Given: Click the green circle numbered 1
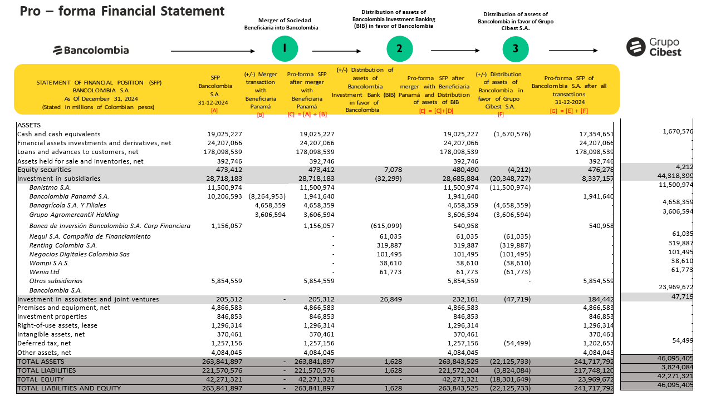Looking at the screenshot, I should pos(285,48).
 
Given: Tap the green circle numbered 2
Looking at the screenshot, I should pos(400,48).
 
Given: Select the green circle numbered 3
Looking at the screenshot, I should pos(516,48).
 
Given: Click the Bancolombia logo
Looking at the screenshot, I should pos(91,50).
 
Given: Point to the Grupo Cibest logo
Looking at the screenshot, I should pos(654,47).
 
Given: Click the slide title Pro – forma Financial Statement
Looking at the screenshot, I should pos(122,11).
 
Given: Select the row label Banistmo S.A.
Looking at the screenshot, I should pos(50,187).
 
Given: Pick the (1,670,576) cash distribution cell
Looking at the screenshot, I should pos(512,134).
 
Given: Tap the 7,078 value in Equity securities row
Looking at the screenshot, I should pos(393,170).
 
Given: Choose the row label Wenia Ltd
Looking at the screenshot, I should pos(45,272).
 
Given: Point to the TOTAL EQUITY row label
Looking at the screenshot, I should pos(39,379).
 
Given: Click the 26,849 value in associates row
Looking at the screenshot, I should pos(390,299).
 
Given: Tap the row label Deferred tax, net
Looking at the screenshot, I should pos(44,344).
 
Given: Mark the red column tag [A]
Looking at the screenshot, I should pos(214,110).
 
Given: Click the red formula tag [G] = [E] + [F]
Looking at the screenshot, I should pos(568,110).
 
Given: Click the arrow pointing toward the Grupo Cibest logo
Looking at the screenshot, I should pos(573,51).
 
